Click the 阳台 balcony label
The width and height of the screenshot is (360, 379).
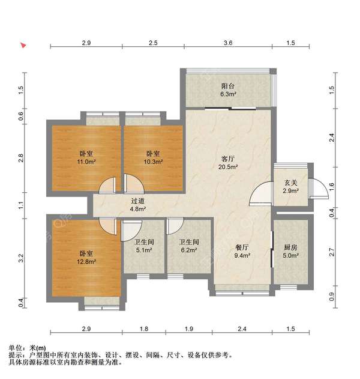pos(227,86)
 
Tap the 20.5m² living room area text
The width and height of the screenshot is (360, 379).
pos(227,168)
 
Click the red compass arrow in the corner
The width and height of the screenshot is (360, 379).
pos(23,45)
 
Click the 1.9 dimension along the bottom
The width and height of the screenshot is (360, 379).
pos(188,329)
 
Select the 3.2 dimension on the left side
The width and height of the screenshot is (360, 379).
pos(20,259)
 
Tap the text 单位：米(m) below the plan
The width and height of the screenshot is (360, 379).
pos(27,348)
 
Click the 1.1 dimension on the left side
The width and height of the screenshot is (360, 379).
pos(20,205)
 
